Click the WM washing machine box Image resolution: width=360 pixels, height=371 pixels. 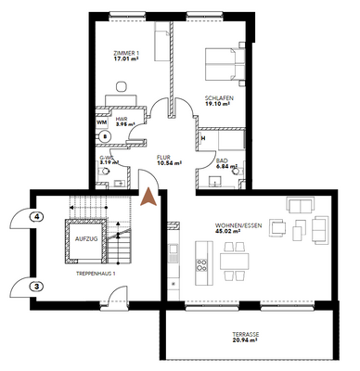102,121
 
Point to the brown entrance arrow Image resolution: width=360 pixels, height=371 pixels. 148,198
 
